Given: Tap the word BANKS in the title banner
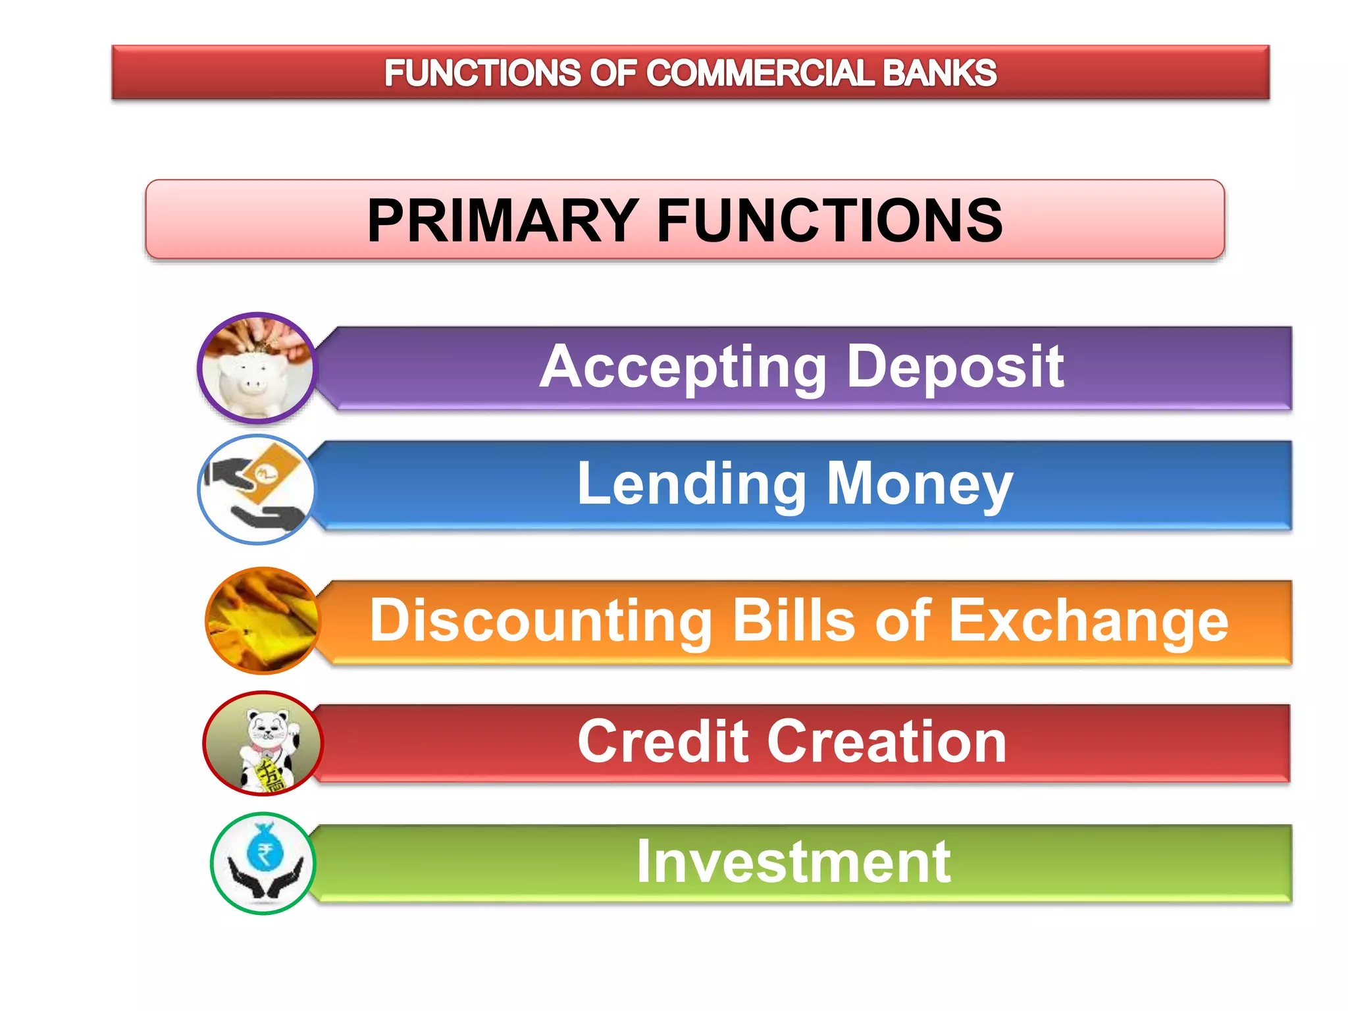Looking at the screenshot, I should click(939, 73).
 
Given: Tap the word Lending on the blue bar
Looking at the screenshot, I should click(691, 484).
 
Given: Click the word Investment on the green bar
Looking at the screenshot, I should click(793, 862).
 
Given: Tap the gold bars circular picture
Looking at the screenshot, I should click(263, 621).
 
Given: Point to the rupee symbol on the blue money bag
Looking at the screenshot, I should click(265, 855).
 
